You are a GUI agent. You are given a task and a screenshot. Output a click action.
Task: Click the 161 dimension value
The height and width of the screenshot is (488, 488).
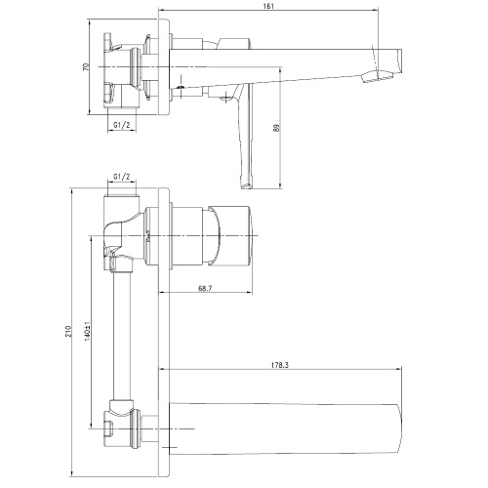click(x=268, y=6)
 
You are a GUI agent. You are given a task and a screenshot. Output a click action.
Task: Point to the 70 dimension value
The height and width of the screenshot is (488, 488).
click(x=86, y=66)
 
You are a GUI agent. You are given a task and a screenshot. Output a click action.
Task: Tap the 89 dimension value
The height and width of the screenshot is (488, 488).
click(x=277, y=128)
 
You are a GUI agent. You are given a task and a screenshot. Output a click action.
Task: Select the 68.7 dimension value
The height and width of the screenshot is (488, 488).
click(x=205, y=288)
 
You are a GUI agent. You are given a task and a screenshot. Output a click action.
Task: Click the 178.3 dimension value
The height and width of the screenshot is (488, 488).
click(x=280, y=365)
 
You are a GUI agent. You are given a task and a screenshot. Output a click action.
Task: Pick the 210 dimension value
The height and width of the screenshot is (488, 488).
click(x=68, y=331)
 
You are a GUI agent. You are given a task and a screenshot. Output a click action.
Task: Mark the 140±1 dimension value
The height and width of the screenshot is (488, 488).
click(x=87, y=331)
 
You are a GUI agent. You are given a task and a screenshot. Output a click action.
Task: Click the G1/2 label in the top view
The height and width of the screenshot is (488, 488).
click(x=122, y=125)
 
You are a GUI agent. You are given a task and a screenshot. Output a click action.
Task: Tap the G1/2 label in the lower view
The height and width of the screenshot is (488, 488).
click(x=122, y=177)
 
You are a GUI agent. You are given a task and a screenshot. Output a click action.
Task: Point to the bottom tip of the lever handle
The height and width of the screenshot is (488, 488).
click(x=246, y=186)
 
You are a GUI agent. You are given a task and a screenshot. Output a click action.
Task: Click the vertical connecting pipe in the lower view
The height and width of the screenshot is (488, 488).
click(x=122, y=335)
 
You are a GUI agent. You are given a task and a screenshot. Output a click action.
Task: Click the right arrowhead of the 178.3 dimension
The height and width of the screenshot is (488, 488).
click(x=399, y=369)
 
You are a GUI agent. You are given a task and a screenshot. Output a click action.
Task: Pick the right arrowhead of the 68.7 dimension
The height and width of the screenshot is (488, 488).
click(x=250, y=293)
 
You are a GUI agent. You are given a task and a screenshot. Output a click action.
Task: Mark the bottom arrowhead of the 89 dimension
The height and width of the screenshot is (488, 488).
click(x=280, y=185)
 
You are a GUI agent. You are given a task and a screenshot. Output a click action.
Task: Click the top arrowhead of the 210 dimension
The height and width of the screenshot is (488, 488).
click(x=72, y=190)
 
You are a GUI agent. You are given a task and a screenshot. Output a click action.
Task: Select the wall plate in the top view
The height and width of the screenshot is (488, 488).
click(x=164, y=66)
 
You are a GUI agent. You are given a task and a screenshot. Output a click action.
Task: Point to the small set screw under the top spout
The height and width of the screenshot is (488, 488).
click(x=181, y=87)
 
